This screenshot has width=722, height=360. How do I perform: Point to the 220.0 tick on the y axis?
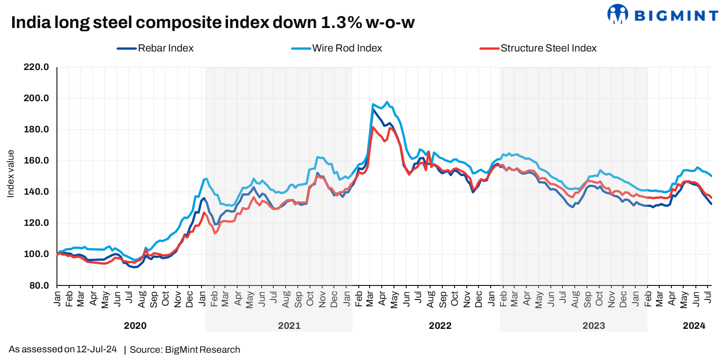(36, 67)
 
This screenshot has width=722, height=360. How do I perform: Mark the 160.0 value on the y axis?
(36, 161)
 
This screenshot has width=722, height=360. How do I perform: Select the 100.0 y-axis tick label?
(36, 254)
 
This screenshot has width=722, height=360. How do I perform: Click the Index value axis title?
(11, 174)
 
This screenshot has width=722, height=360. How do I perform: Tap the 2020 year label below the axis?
(135, 326)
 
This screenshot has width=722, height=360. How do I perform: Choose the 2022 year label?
(440, 326)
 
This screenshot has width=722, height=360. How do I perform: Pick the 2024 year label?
(694, 326)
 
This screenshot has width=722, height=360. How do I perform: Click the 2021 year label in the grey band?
(289, 326)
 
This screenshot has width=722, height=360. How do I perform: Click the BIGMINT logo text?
(676, 16)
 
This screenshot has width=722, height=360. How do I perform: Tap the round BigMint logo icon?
(617, 14)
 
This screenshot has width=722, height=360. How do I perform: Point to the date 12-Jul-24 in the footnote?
(96, 349)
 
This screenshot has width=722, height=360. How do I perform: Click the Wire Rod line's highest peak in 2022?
(387, 102)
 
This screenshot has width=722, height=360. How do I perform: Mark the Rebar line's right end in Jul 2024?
(711, 204)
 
